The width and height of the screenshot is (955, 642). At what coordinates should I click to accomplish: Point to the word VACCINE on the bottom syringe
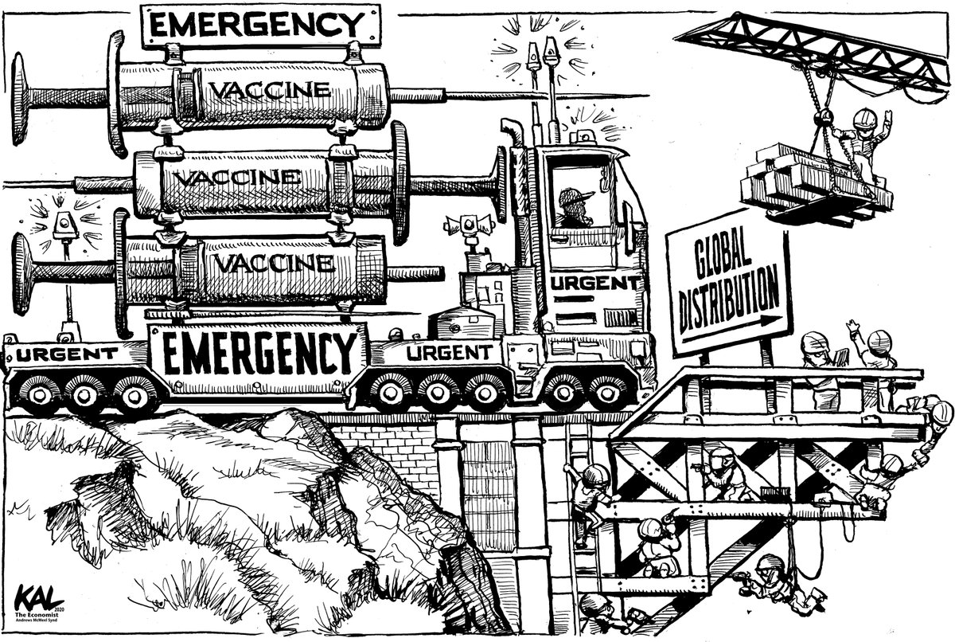[267, 262]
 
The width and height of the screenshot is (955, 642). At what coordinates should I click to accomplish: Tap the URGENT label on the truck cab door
[595, 283]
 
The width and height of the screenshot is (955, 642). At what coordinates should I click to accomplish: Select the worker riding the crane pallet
[861, 143]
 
